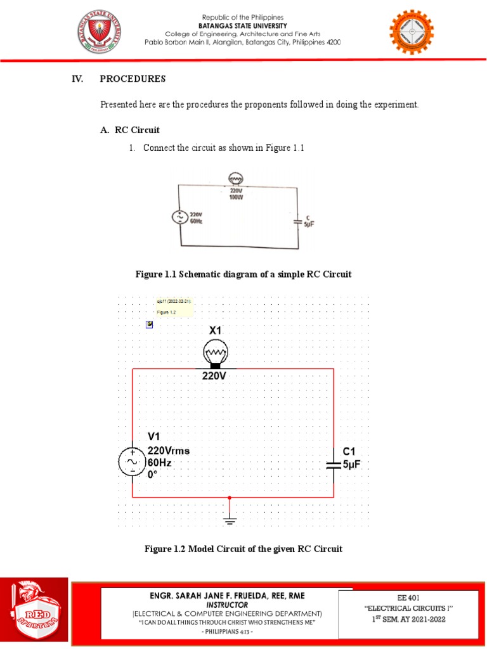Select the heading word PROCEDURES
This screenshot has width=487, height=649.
(133, 79)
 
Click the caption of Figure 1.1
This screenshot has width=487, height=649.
(243, 274)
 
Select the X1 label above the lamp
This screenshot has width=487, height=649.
(216, 330)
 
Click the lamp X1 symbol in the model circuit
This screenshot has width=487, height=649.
(216, 353)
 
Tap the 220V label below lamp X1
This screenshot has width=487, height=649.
(214, 376)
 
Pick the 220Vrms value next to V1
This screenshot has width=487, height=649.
(169, 451)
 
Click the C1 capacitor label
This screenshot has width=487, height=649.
(350, 451)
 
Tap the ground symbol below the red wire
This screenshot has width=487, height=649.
(230, 520)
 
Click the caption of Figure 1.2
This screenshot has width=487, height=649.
(243, 549)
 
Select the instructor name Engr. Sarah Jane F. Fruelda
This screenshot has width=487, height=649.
(226, 596)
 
